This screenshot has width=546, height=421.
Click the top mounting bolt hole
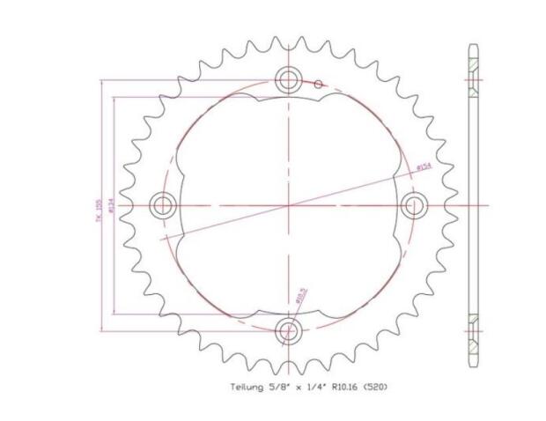(x=289, y=80)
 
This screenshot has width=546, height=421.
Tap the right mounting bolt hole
(x=414, y=205)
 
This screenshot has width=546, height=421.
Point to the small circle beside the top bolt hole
(x=320, y=85)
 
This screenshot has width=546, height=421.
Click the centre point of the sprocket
(x=289, y=205)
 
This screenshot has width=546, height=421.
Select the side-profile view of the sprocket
(x=475, y=205)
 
